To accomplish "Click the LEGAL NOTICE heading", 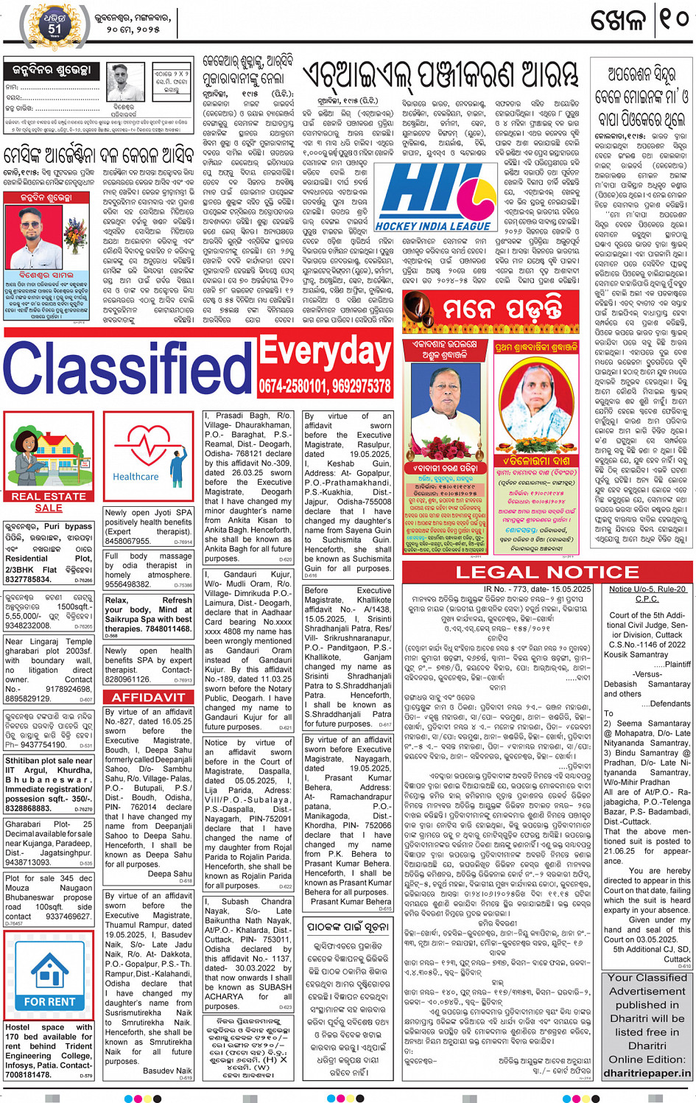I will (x=546, y=572).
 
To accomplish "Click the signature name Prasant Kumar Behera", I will (x=351, y=901).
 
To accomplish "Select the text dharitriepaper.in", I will (x=647, y=1073).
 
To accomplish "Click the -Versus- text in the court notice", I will (x=647, y=674).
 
